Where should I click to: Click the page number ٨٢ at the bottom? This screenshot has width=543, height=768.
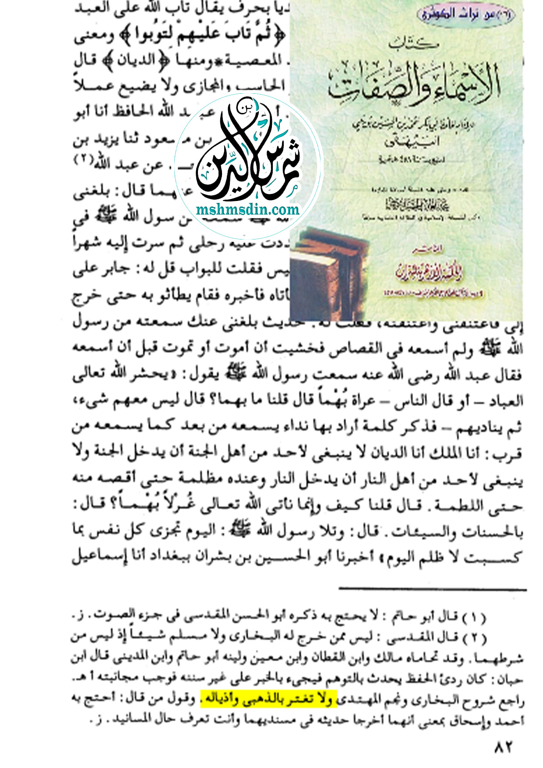coord(503,747)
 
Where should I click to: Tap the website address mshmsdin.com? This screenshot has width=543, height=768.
coord(248,209)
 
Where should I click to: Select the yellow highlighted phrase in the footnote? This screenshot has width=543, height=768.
coord(268,699)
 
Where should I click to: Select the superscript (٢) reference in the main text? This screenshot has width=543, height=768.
coord(82,159)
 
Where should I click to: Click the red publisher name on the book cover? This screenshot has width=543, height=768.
coord(428,274)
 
